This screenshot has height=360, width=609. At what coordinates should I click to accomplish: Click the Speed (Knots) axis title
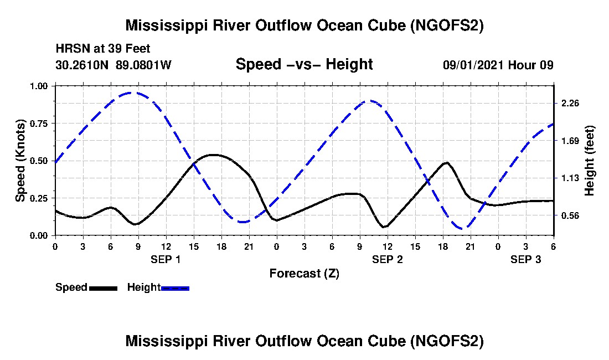click(x=20, y=161)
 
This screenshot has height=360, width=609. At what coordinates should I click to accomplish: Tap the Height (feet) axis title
click(x=589, y=161)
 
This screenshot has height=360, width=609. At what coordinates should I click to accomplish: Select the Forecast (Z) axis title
click(x=304, y=273)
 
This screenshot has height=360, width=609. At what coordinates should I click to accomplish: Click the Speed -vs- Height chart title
click(x=304, y=64)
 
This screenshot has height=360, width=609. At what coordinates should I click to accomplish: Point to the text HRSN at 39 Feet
click(x=103, y=49)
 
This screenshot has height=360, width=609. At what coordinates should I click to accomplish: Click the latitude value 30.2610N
click(x=82, y=65)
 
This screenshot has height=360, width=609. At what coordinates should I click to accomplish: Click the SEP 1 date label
click(x=166, y=259)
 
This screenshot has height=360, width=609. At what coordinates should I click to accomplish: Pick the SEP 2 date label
click(x=387, y=259)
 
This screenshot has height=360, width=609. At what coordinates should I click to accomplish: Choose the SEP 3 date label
click(x=525, y=259)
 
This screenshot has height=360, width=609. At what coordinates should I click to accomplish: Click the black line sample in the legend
click(x=103, y=288)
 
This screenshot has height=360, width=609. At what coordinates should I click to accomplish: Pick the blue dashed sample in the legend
click(x=175, y=288)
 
